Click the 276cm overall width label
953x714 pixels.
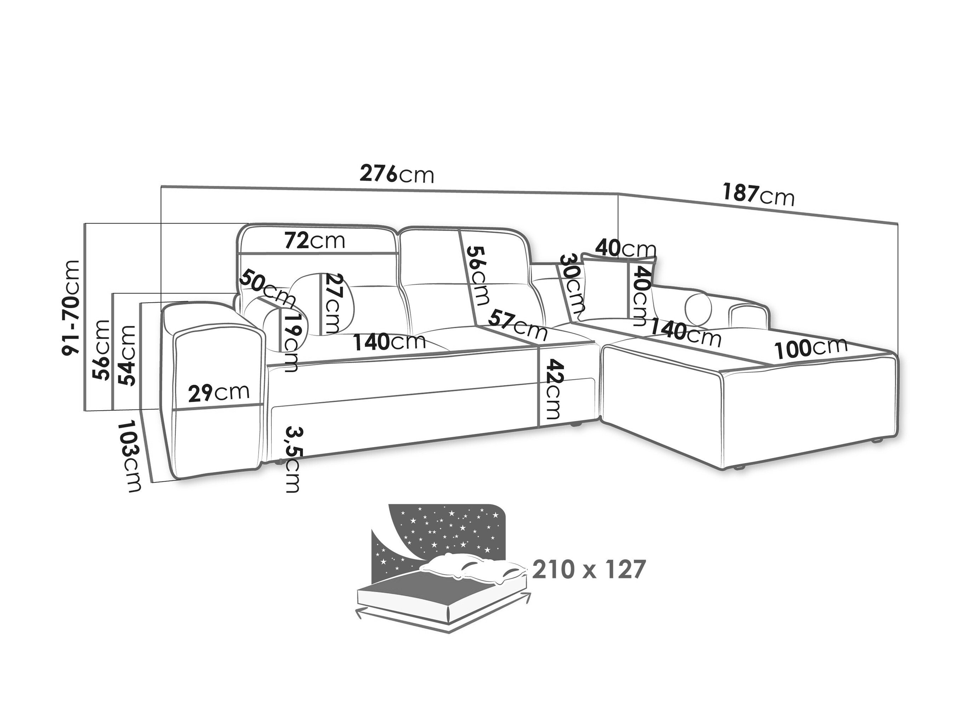pyautogui.click(x=397, y=174)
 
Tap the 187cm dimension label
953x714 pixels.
pyautogui.click(x=758, y=195)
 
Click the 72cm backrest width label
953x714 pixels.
pyautogui.click(x=315, y=241)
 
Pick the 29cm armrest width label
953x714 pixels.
pyautogui.click(x=219, y=392)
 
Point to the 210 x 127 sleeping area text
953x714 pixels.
pyautogui.click(x=589, y=569)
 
